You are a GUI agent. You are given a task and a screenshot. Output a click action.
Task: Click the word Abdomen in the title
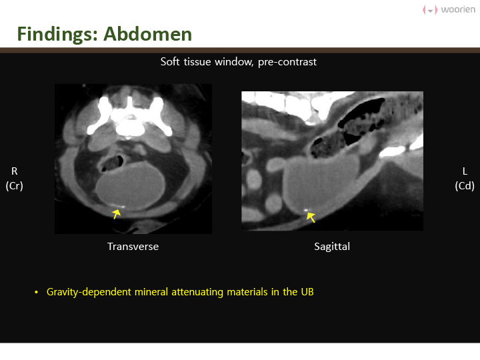147,34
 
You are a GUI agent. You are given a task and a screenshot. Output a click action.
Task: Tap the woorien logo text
458,9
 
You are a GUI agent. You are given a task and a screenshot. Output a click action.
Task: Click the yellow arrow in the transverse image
116,214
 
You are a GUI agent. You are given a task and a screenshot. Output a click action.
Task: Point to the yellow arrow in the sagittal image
311,217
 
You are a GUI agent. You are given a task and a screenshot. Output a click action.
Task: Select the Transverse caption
133,247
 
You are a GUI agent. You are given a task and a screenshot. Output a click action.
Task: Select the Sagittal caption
332,247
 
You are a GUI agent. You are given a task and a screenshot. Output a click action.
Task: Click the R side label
15,171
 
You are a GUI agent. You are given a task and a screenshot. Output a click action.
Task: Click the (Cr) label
15,186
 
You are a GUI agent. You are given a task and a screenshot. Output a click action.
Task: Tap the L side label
465,171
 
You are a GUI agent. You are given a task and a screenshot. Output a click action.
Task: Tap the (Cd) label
465,186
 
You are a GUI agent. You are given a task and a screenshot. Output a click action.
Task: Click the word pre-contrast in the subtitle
287,62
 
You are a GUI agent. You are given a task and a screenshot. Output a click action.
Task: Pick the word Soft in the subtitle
170,61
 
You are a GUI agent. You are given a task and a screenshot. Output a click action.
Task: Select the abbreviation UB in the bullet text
307,292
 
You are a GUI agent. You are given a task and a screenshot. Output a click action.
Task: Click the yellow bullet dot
37,293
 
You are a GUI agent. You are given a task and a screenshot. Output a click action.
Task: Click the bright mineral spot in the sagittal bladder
305,210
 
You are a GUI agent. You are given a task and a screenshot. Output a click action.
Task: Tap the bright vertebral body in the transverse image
131,127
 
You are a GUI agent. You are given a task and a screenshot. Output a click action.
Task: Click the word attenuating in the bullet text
197,292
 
